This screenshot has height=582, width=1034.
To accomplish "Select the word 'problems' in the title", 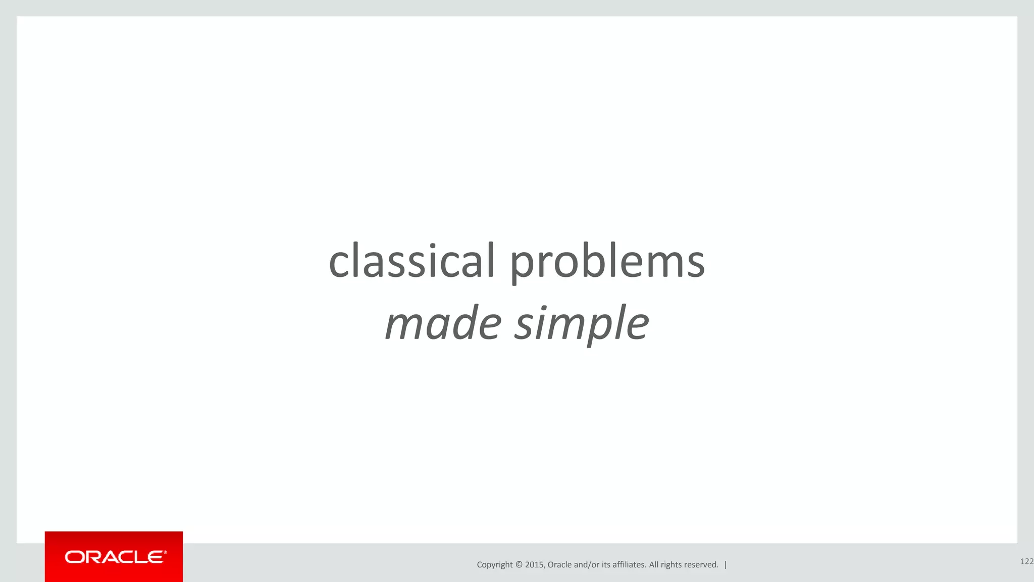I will click(x=607, y=263).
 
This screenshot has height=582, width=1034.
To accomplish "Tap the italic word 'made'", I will click(x=443, y=323).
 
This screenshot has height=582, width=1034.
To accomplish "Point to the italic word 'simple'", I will click(x=582, y=324).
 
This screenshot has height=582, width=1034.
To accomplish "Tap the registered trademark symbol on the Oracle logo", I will click(x=165, y=552).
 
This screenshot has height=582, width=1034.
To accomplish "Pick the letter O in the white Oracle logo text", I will click(x=74, y=557).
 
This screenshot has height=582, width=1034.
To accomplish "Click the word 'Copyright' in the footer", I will click(x=494, y=565).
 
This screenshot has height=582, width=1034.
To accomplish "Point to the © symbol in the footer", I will click(x=519, y=565).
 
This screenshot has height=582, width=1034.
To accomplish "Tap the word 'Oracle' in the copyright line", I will click(x=559, y=565).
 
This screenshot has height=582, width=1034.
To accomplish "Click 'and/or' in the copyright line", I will click(x=587, y=565).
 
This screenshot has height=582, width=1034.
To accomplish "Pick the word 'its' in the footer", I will click(x=606, y=565).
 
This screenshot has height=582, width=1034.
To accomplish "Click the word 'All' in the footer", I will click(x=654, y=565).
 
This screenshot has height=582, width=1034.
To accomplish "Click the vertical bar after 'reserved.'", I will click(x=726, y=565).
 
